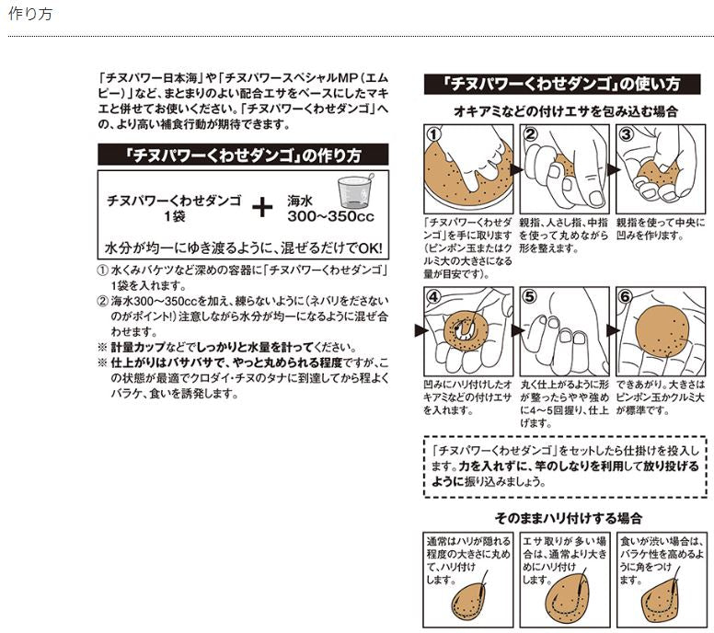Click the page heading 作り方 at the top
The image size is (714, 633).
[29, 16]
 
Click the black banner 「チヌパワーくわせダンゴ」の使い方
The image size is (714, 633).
[562, 84]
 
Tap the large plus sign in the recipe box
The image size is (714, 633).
[263, 206]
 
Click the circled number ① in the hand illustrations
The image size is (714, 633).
[435, 134]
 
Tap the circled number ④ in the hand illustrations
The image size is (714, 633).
[435, 298]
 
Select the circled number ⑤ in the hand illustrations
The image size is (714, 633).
[530, 298]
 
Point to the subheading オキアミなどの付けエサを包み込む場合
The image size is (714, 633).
[566, 110]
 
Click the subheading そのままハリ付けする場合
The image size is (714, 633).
[568, 518]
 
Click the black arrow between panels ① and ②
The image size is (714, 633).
[515, 169]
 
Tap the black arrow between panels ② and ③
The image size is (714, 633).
[611, 169]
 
